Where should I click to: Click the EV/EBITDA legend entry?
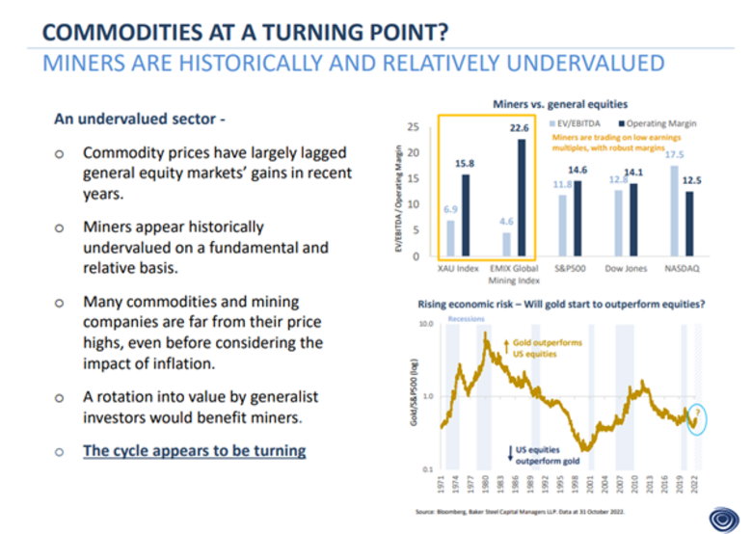point(575,123)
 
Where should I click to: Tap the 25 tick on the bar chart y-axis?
point(413,126)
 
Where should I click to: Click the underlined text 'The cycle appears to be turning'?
point(195,450)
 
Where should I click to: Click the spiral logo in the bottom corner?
point(721,518)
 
